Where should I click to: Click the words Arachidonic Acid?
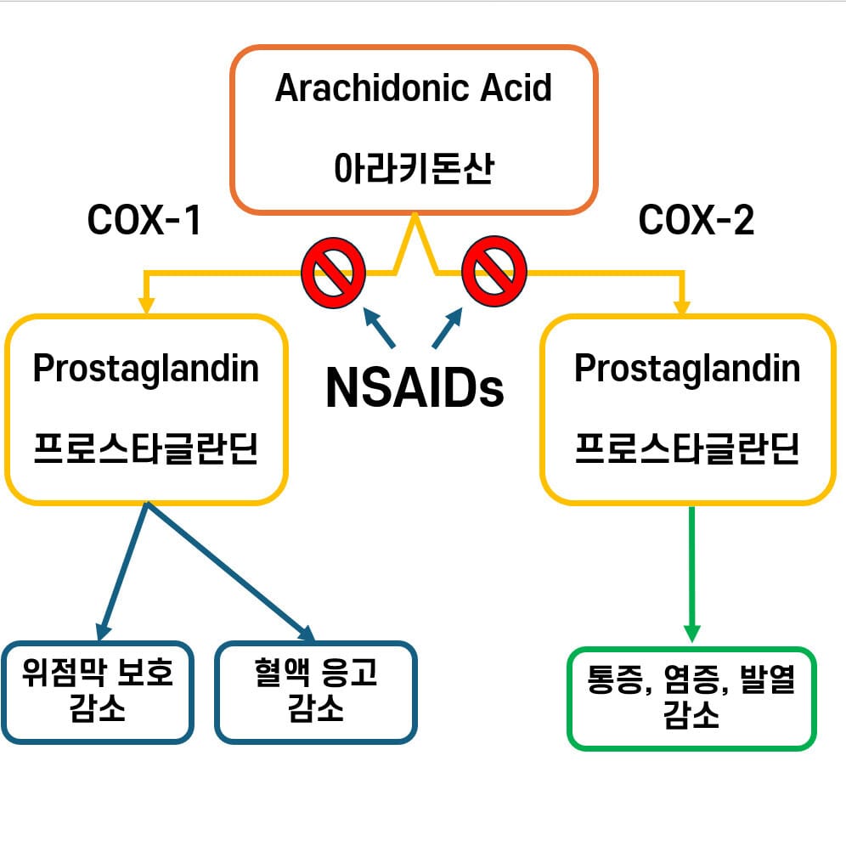[x=414, y=88]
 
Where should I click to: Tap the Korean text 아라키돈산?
[x=414, y=168]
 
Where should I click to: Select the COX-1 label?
[x=144, y=222]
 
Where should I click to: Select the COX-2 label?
[x=696, y=222]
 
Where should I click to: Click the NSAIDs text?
[x=415, y=387]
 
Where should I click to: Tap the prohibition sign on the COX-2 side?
[x=493, y=273]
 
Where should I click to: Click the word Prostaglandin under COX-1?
[x=145, y=369]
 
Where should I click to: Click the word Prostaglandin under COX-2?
[x=687, y=369]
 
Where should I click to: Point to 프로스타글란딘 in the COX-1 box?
[x=145, y=448]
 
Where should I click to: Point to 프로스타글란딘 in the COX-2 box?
[x=687, y=448]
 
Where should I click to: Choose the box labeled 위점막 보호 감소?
[x=98, y=691]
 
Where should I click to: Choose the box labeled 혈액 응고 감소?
[x=316, y=691]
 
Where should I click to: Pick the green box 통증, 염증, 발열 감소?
[x=691, y=698]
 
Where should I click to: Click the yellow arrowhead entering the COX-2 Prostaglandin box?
[x=681, y=305]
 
